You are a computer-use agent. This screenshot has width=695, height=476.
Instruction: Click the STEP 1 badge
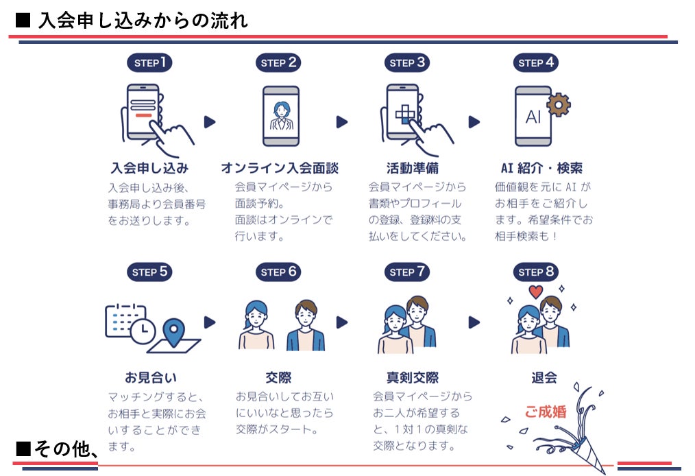149,63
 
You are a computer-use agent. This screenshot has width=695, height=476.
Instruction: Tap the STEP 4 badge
535,63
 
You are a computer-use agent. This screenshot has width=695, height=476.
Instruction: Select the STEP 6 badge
278,272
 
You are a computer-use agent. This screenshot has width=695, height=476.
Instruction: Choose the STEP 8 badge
535,272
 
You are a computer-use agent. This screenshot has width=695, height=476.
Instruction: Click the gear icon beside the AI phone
559,105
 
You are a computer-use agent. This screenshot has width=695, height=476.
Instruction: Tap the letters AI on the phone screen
533,117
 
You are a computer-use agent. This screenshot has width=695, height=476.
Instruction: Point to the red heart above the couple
536,293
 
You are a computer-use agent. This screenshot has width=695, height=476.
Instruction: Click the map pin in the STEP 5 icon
175,333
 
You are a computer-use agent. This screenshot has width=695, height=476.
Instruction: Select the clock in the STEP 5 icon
143,332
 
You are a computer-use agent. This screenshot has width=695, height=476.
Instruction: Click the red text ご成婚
546,412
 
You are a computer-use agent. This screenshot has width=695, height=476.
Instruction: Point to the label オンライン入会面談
280,168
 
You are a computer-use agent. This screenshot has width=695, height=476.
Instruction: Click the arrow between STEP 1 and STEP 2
210,122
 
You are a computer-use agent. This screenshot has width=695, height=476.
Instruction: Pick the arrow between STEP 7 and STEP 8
474,322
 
